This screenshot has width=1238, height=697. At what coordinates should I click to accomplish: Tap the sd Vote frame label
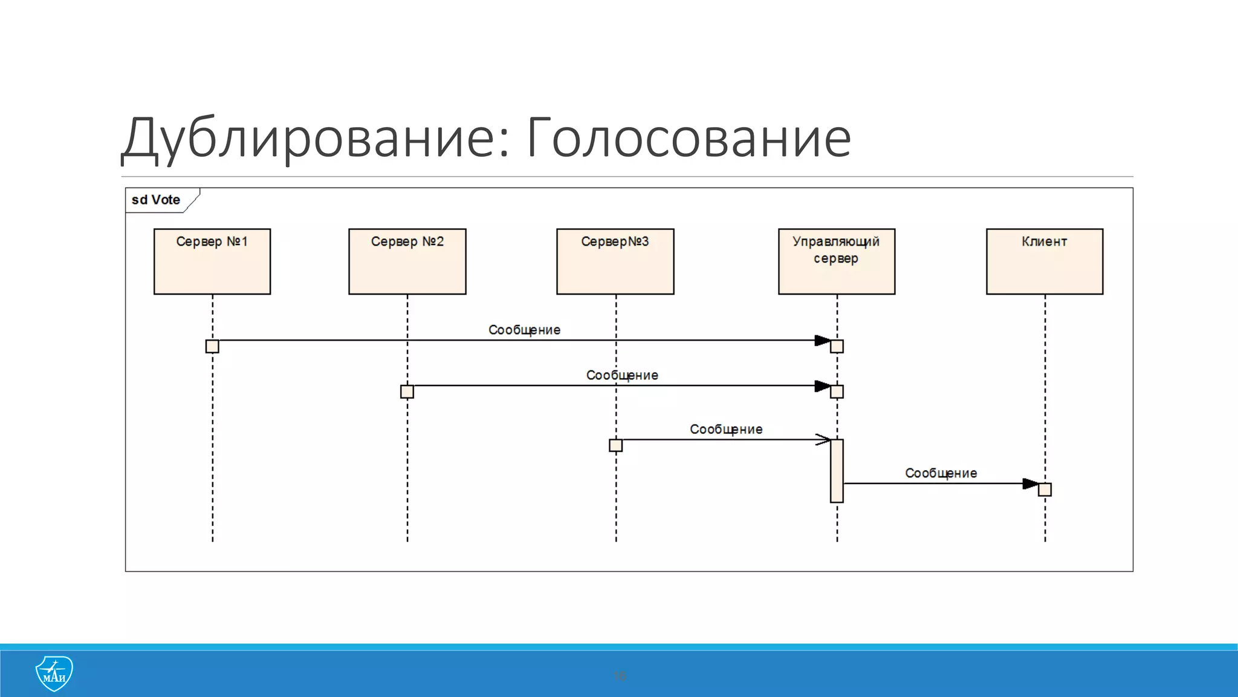coord(156,200)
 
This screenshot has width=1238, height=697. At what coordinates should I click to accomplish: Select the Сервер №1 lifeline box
coord(212,261)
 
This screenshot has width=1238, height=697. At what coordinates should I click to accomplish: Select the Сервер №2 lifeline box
coord(407,261)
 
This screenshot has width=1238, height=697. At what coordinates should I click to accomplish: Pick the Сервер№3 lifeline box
coord(615,261)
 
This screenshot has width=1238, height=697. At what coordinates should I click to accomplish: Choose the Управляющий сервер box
coord(837,261)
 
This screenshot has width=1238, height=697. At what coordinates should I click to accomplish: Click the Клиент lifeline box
coord(1045,261)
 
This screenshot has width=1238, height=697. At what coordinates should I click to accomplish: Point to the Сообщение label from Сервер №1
coord(524,330)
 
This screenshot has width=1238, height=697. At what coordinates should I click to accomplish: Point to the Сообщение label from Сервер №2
coord(622,375)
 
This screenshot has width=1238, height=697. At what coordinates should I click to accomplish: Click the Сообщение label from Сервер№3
coord(726,429)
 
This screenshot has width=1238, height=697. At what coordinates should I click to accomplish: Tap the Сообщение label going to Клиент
coord(941,473)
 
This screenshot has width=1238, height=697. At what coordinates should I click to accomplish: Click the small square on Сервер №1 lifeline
coord(212,346)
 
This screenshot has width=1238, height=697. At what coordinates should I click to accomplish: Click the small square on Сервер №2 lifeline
coord(407,391)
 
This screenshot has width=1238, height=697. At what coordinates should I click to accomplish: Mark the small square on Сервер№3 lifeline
coord(615,445)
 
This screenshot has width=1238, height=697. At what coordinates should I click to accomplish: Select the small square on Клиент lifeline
coord(1045,489)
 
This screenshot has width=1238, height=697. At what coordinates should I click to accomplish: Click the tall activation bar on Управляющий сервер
coord(837,471)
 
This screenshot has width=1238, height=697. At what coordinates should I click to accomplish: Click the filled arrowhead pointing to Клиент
coord(1030,483)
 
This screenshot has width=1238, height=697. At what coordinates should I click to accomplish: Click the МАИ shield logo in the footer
coord(54,673)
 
